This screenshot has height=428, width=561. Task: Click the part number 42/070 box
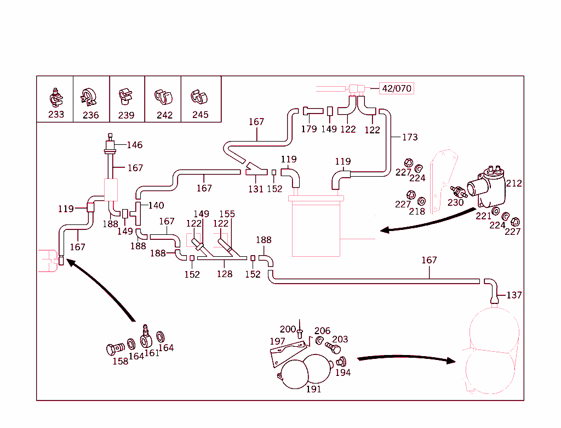397,88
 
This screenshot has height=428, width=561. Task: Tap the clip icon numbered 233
55,97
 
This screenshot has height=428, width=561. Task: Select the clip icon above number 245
199,97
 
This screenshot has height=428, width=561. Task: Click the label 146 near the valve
134,145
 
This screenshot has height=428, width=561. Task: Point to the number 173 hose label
409,137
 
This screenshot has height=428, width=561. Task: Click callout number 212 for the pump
514,183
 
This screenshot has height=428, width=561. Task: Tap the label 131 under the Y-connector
256,189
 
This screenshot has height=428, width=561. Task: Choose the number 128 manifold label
225,274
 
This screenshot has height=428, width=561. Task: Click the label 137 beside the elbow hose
514,295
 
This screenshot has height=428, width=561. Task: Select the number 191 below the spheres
313,389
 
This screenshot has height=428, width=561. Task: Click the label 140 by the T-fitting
156,206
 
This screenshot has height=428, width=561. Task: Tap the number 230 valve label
455,202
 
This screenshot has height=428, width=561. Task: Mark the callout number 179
309,129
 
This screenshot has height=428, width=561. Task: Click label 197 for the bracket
277,341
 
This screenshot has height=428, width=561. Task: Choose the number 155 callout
227,214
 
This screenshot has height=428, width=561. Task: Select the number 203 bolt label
340,340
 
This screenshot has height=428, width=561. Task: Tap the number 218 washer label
417,211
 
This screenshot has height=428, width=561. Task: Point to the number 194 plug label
343,373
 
